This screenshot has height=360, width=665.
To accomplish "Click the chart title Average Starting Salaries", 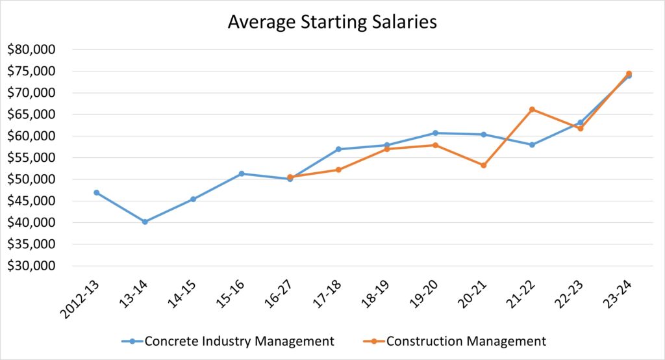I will tap(332, 21).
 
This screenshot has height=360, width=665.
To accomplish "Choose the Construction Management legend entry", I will tap(466, 341).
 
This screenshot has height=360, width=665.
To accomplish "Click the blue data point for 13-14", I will tap(145, 222).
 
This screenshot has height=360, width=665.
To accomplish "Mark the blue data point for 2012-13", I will tap(97, 192).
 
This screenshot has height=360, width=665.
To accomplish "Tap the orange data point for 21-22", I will tap(532, 109).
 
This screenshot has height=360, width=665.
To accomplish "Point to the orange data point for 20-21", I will tap(484, 165).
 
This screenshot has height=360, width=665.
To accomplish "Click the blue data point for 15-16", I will tap(242, 174).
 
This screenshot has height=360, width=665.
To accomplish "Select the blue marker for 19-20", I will tap(435, 133).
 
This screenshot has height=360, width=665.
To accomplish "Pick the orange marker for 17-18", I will tap(338, 170).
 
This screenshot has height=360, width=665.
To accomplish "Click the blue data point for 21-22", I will tap(532, 145).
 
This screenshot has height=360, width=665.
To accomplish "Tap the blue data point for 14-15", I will tap(193, 199).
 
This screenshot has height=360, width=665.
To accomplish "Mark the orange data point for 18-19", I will tap(387, 149).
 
